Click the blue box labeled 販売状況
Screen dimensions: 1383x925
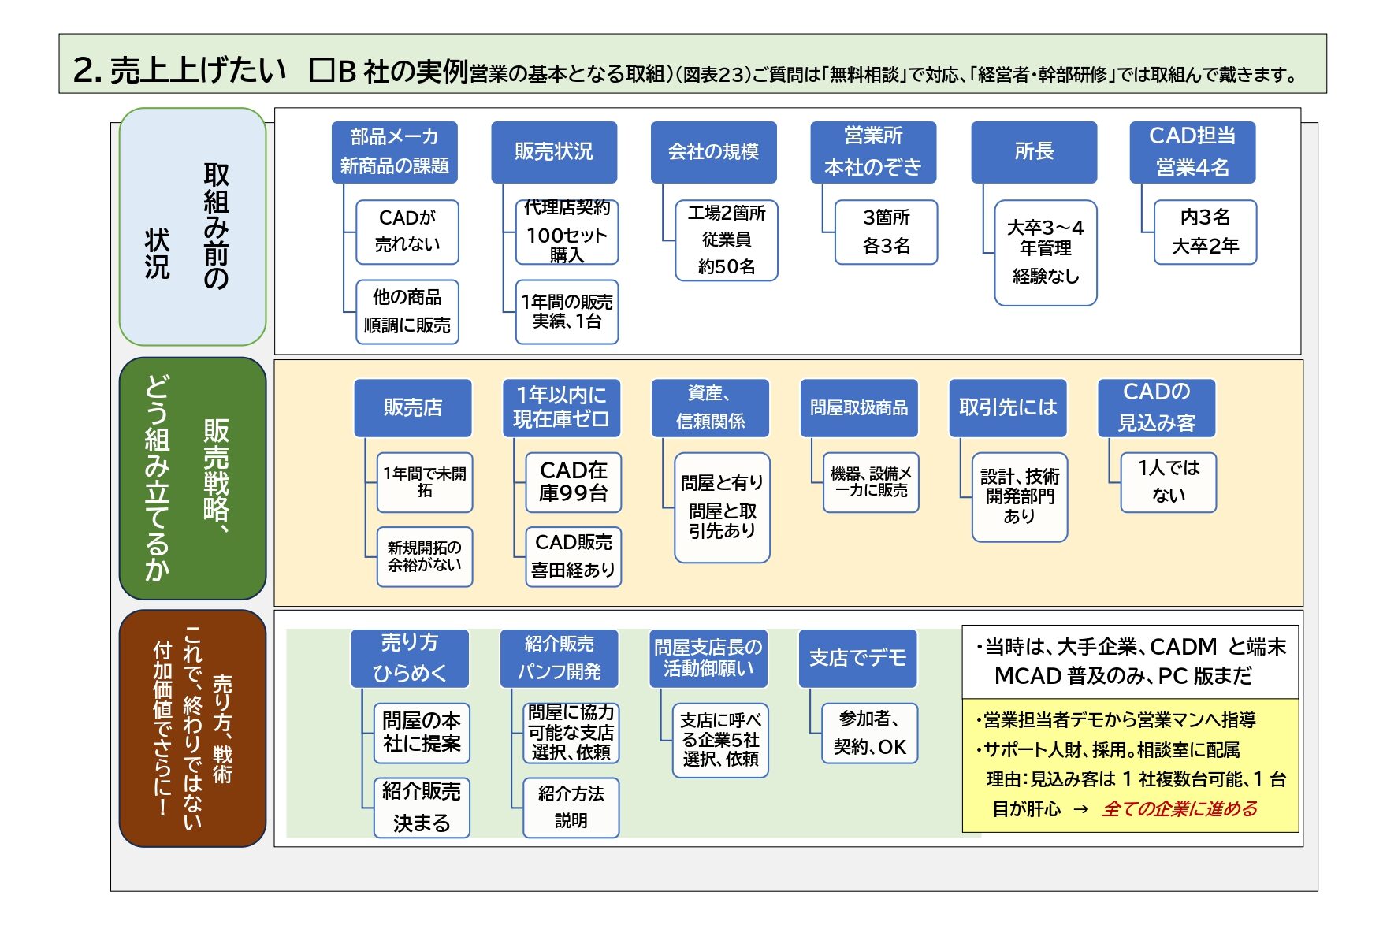click(554, 152)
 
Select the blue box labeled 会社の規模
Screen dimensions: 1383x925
click(714, 152)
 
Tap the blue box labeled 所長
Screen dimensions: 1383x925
click(1034, 152)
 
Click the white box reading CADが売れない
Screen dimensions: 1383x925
click(407, 232)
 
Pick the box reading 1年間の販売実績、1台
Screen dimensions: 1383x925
click(567, 312)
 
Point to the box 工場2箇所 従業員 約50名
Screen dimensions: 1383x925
click(727, 240)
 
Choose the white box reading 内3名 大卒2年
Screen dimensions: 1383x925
click(1206, 232)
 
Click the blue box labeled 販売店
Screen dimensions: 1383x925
click(413, 408)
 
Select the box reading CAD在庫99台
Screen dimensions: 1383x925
click(574, 482)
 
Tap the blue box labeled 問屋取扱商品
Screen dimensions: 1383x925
click(859, 408)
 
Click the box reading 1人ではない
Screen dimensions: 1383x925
click(1169, 482)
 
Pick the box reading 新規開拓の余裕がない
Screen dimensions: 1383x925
click(425, 557)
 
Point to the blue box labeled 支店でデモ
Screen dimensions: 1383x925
click(858, 659)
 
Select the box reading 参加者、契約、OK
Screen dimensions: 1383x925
click(870, 734)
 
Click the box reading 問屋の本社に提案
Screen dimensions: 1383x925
click(422, 734)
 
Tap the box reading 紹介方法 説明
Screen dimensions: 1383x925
click(571, 808)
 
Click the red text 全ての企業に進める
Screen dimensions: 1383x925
click(1180, 809)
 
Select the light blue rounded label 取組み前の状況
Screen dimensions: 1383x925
click(192, 227)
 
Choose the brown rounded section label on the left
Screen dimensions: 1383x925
click(192, 729)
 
